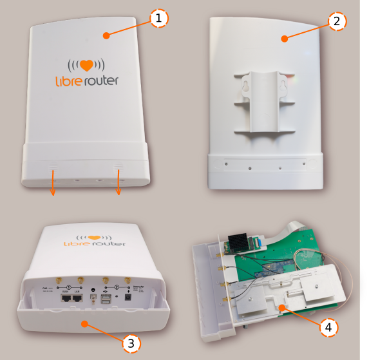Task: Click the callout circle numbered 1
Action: tap(158, 19)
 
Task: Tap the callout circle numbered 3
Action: tap(131, 343)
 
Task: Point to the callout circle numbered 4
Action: tap(329, 328)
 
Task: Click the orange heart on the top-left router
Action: tap(86, 66)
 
